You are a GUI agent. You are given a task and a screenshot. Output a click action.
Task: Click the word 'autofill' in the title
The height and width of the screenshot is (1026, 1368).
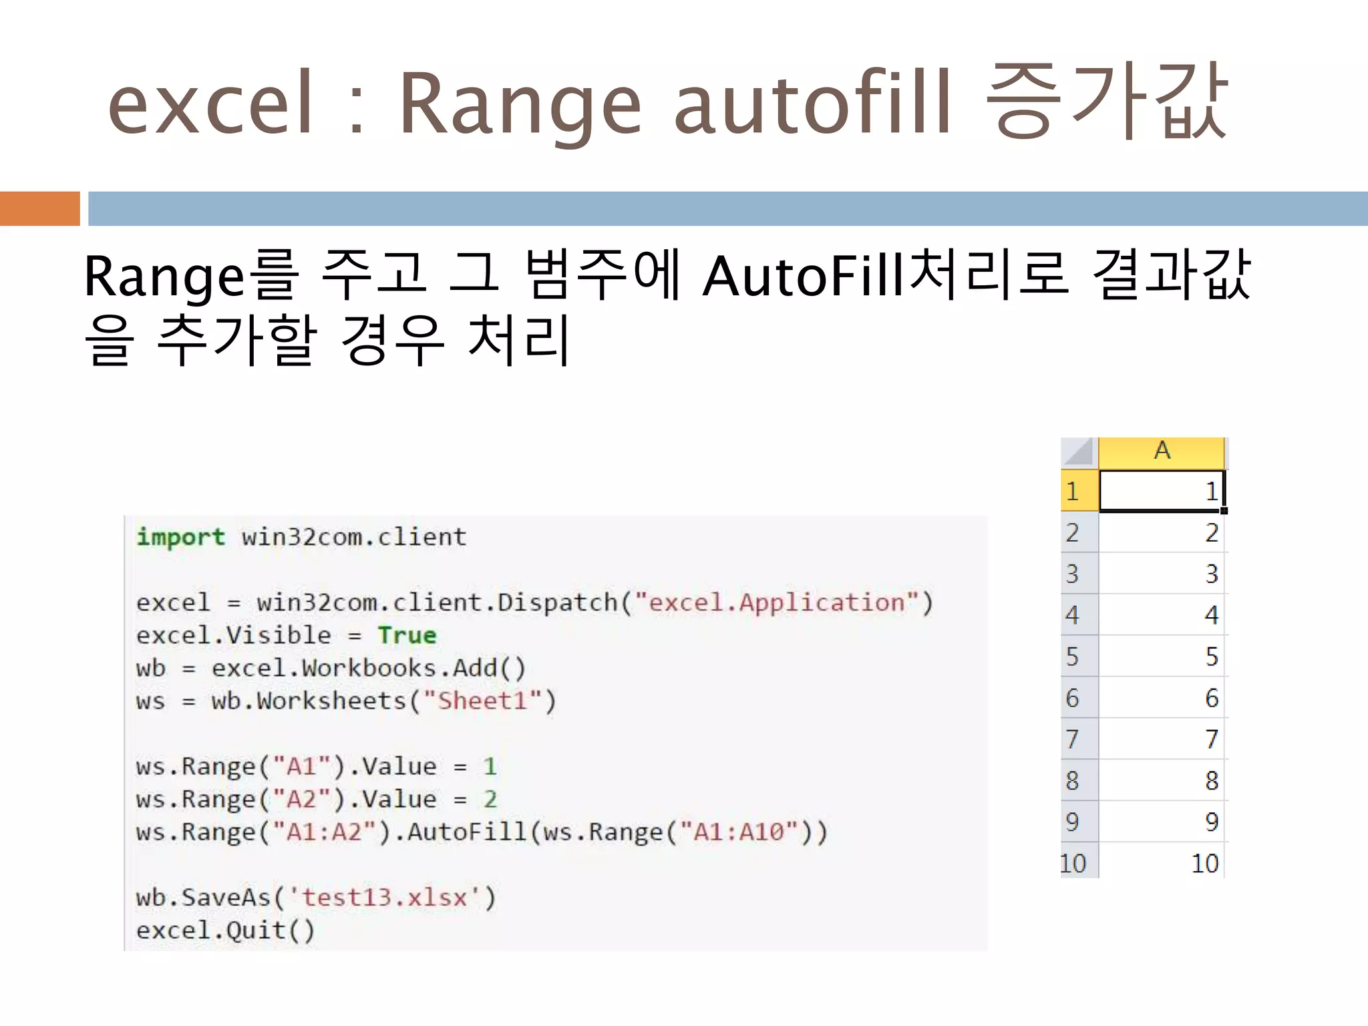[x=812, y=104]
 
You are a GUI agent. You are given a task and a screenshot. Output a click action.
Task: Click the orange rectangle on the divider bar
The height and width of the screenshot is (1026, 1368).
[x=39, y=208]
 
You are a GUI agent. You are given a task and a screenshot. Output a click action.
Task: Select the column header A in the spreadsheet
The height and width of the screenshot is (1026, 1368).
[x=1162, y=452]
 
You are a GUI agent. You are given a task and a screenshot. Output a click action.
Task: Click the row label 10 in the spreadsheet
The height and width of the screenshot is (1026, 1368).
[x=1073, y=863]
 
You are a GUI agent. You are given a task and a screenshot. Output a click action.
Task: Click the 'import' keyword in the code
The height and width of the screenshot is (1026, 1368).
[x=180, y=537]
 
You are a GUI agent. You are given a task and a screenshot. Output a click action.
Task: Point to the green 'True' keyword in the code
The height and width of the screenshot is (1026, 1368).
[x=407, y=635]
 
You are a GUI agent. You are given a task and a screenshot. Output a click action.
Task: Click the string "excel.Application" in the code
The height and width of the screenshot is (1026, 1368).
[x=776, y=603]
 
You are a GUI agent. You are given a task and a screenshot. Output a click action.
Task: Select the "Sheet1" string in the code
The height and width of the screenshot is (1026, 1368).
[x=482, y=701]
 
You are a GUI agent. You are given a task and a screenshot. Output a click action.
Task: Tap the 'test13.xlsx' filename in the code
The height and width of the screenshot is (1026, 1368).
[x=384, y=897]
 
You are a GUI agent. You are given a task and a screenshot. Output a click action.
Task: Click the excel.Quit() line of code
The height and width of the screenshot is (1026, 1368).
[x=225, y=930]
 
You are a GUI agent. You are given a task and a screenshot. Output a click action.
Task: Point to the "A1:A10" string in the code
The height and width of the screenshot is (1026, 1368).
[x=739, y=832]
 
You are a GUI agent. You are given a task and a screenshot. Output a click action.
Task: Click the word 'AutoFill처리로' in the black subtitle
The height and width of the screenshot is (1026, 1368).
[x=886, y=275]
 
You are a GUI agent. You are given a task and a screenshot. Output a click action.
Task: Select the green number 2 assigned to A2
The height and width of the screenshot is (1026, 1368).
[x=490, y=799]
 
